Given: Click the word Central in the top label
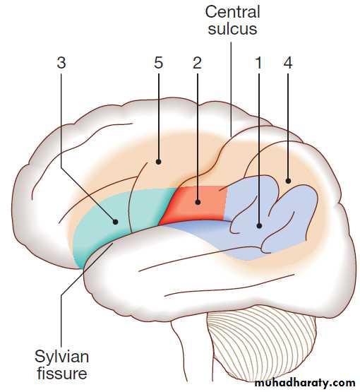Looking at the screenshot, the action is pyautogui.click(x=233, y=12).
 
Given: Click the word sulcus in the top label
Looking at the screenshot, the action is pyautogui.click(x=233, y=28).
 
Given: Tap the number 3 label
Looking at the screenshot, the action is pyautogui.click(x=61, y=62).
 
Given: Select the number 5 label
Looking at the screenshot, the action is pyautogui.click(x=158, y=62).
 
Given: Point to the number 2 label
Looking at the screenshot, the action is pyautogui.click(x=197, y=62).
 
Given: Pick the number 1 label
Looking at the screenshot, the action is pyautogui.click(x=259, y=62).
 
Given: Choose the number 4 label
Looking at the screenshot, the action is pyautogui.click(x=288, y=62).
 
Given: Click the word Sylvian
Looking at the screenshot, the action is pyautogui.click(x=61, y=357).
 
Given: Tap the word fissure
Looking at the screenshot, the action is pyautogui.click(x=61, y=374).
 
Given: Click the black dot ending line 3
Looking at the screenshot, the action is pyautogui.click(x=115, y=222).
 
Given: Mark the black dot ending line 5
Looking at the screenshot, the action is pyautogui.click(x=158, y=162).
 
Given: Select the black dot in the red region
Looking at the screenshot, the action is pyautogui.click(x=198, y=202).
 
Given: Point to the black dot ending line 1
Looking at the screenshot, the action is pyautogui.click(x=259, y=226).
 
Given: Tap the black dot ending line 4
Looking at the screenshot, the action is pyautogui.click(x=288, y=181).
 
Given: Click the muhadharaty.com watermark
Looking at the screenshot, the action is pyautogui.click(x=305, y=383).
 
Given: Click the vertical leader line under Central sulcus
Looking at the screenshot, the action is pyautogui.click(x=231, y=89).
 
